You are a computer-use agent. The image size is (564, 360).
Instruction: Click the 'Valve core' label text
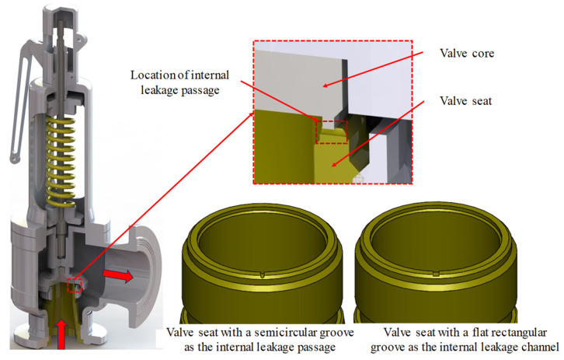[x=467, y=54]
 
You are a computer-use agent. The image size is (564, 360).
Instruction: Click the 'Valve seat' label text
[x=465, y=101]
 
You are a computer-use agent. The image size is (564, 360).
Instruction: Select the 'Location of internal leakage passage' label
[x=180, y=82]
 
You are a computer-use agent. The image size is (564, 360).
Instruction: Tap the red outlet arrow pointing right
[x=118, y=275]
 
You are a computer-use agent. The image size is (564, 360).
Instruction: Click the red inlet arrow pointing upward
[x=61, y=335]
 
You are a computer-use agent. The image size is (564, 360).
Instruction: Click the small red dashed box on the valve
[x=75, y=285]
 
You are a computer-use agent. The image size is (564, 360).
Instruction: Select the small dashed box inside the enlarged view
[x=332, y=132]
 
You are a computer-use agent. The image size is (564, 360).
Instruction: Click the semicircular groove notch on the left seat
[x=263, y=275]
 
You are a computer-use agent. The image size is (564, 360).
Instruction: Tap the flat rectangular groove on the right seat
[x=436, y=274]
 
